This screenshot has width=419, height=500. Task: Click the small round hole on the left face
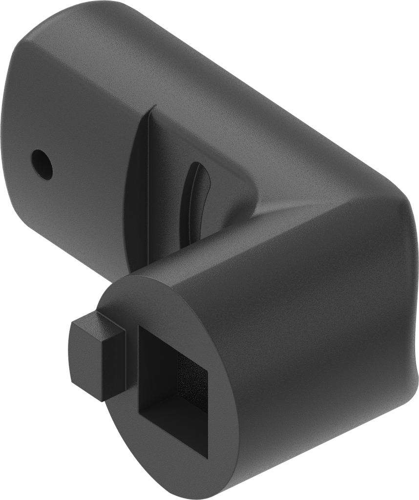click(x=42, y=165)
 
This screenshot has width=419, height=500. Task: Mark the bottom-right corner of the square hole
click(x=207, y=459)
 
